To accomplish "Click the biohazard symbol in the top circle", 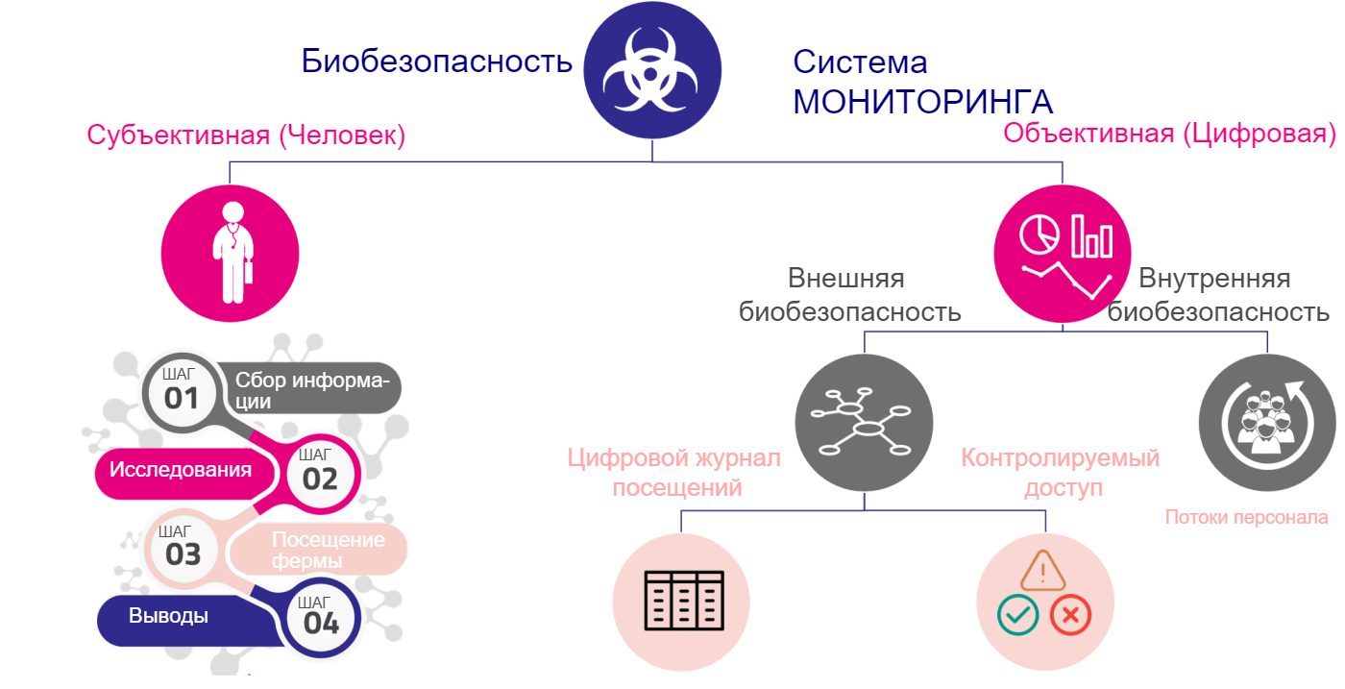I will pos(652,68).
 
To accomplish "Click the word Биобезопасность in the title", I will pos(436,62).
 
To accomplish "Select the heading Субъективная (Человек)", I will pos(247,135).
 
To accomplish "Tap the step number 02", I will pos(320,479).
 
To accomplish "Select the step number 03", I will pos(183,554).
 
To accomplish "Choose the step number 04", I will pos(321,623).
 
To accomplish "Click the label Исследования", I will pos(181,470).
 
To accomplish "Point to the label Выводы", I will pos(169,616).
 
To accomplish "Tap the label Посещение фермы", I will pos(327,550).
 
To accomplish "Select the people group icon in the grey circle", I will pos(1266,424).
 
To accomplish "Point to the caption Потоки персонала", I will pos(1246,517).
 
